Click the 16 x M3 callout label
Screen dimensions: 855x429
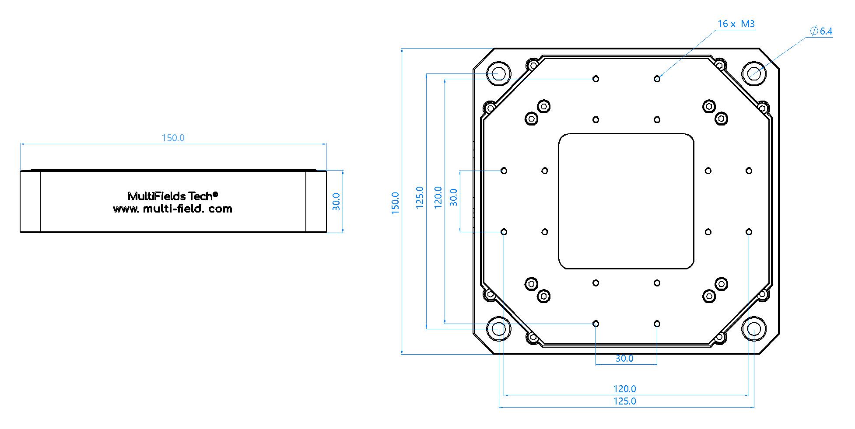[x=736, y=24]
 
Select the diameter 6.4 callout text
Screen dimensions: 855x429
[x=821, y=31]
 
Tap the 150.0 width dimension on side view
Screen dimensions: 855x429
[x=173, y=138]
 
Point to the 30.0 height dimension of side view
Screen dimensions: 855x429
[x=336, y=202]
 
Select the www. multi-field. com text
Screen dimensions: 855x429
[x=172, y=209]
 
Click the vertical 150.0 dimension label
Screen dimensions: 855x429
[x=395, y=203]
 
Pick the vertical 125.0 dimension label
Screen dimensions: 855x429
[x=420, y=197]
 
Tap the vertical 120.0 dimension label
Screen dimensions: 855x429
[x=438, y=197]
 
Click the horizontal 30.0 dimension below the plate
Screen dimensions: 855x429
[x=624, y=358]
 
